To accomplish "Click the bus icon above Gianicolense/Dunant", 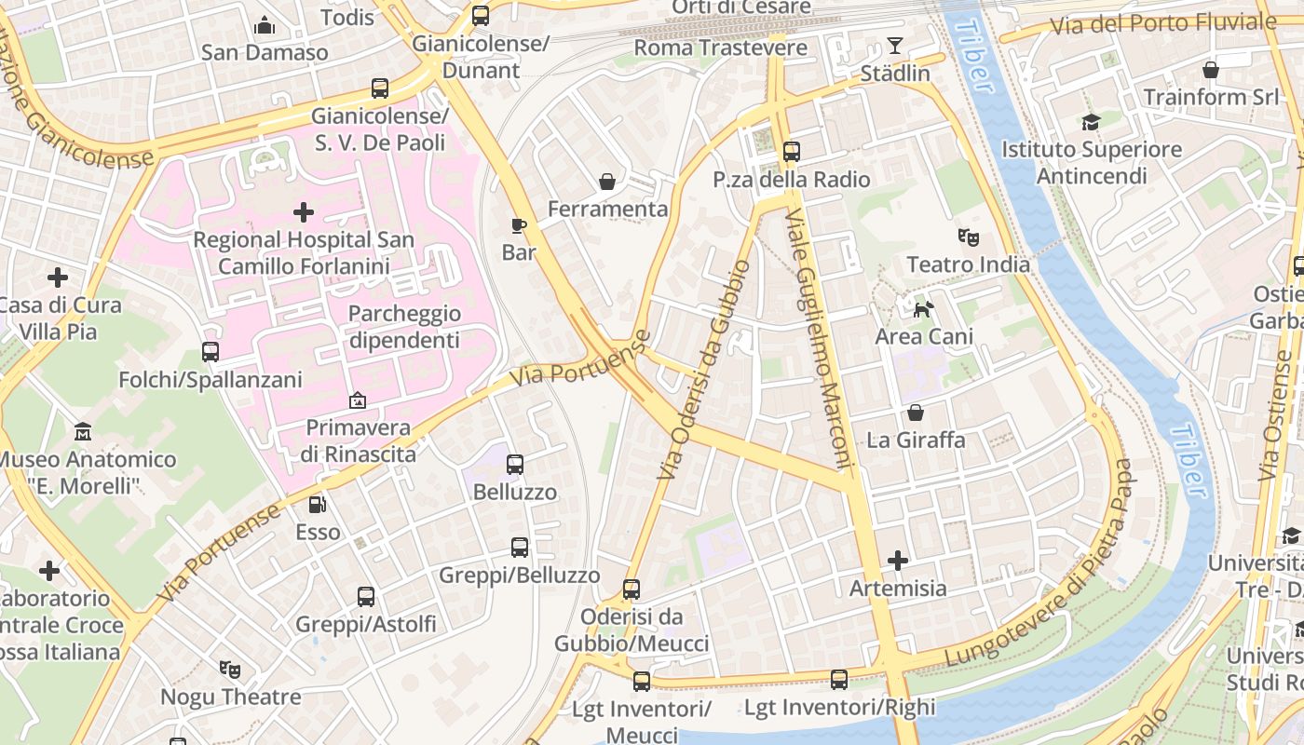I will coord(481,16).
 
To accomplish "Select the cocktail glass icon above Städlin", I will coord(895,46).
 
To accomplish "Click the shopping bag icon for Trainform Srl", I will coord(1210,70).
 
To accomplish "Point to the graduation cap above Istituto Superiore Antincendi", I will coord(1091,122).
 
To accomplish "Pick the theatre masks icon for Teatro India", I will coord(969,237).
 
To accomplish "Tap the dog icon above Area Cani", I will coord(923,309).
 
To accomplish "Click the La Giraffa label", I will coord(916,440).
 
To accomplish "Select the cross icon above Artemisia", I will coord(898,561).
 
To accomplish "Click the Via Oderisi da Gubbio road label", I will coord(703,370).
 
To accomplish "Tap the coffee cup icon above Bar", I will coord(519,225).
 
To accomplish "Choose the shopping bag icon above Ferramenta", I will coord(607,182).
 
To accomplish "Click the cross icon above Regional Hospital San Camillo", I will coord(304,213).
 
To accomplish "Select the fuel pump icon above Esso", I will coord(318,505).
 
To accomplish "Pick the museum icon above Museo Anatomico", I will coord(83,432).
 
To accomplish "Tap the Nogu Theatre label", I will coord(231,697).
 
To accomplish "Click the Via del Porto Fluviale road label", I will coord(1162,24).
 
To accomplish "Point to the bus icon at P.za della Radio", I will coord(792,152).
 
